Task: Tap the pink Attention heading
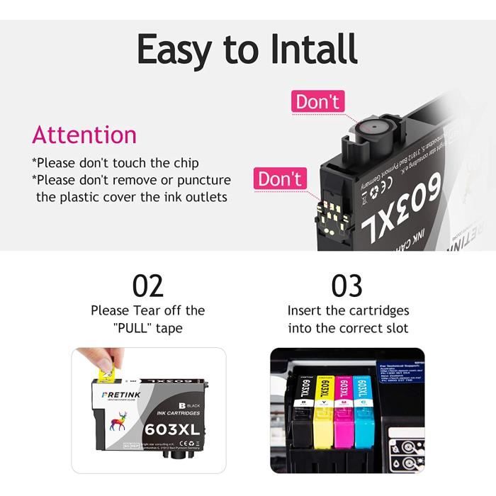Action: point(84,135)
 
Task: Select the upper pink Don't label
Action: point(317,102)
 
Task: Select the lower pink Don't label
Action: point(279,179)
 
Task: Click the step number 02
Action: point(147,286)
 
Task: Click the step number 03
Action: point(347,286)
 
